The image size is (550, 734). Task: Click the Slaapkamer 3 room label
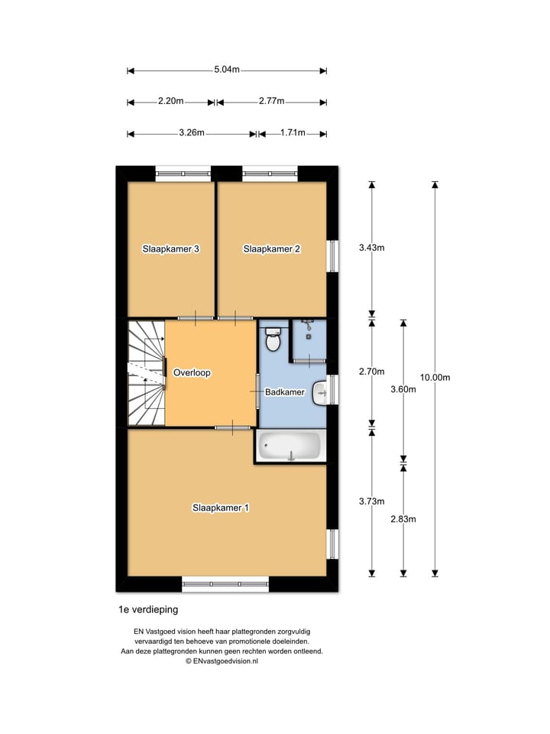click(x=171, y=248)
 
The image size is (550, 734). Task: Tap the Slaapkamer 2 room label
click(x=271, y=248)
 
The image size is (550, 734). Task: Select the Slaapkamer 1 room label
click(x=221, y=507)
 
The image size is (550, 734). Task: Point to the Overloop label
click(x=192, y=373)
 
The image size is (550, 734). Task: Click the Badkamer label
click(x=285, y=392)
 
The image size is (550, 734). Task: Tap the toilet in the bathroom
click(x=273, y=339)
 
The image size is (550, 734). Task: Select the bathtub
click(x=290, y=447)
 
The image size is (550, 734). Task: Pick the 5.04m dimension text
click(x=227, y=70)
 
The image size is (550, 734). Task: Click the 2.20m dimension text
click(x=171, y=101)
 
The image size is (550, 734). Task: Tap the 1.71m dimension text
click(x=293, y=132)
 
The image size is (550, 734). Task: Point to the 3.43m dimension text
click(x=372, y=247)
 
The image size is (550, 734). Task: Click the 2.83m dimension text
click(x=403, y=519)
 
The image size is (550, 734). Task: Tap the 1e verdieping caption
click(x=147, y=610)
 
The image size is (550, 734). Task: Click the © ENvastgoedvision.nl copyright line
click(x=222, y=661)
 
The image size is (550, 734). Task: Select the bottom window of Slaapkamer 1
click(x=226, y=585)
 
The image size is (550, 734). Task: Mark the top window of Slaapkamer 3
click(x=183, y=174)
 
